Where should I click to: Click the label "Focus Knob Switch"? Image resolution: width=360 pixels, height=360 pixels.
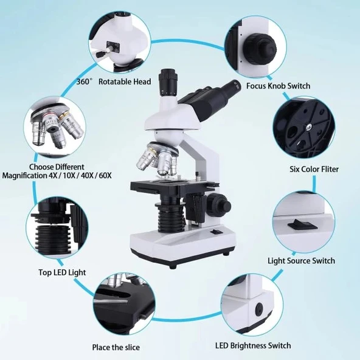coord(278,86)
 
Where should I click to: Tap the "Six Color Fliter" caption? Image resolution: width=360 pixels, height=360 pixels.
coord(314,169)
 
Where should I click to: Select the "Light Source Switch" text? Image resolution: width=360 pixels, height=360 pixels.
coord(301,261)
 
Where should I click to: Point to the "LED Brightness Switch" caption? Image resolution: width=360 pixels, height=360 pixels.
coord(253,345)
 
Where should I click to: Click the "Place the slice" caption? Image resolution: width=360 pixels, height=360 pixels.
coord(116,347)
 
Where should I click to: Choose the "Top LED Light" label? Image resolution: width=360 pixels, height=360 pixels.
coord(62,272)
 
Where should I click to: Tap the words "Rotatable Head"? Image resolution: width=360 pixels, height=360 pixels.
coord(125,81)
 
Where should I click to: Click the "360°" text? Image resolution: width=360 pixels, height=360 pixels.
coord(85,81)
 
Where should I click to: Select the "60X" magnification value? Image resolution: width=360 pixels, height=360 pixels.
coord(106,176)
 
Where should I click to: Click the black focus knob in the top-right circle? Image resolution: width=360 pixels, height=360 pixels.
coord(260,49)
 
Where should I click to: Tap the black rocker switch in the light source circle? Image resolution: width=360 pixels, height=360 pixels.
coord(303,224)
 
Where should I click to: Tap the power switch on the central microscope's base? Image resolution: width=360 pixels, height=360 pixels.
coord(216,232)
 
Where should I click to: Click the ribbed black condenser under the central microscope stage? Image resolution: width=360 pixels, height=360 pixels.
coord(170,216)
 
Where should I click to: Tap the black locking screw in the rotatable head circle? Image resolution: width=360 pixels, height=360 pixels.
coord(100,54)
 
